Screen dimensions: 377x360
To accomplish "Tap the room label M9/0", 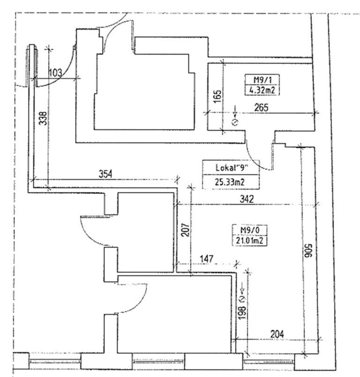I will click(x=246, y=231).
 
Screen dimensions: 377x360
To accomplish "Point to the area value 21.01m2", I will click(x=247, y=241).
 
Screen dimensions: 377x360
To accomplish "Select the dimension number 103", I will click(x=55, y=72).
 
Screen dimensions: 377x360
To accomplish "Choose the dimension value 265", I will click(x=262, y=107).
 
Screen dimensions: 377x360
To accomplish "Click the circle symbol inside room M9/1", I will click(x=236, y=123).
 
